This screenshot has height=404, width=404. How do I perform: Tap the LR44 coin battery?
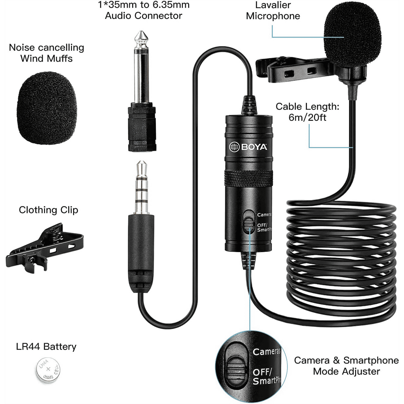(x=48, y=370)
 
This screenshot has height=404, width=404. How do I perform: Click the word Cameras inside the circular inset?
(x=266, y=351)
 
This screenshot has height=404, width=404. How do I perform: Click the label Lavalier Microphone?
(x=273, y=10)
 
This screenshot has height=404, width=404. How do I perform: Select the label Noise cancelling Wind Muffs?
(x=46, y=53)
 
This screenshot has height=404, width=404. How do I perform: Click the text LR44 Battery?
(x=46, y=346)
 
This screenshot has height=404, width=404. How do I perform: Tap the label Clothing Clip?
(x=48, y=210)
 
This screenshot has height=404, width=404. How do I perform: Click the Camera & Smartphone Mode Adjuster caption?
(x=346, y=366)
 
